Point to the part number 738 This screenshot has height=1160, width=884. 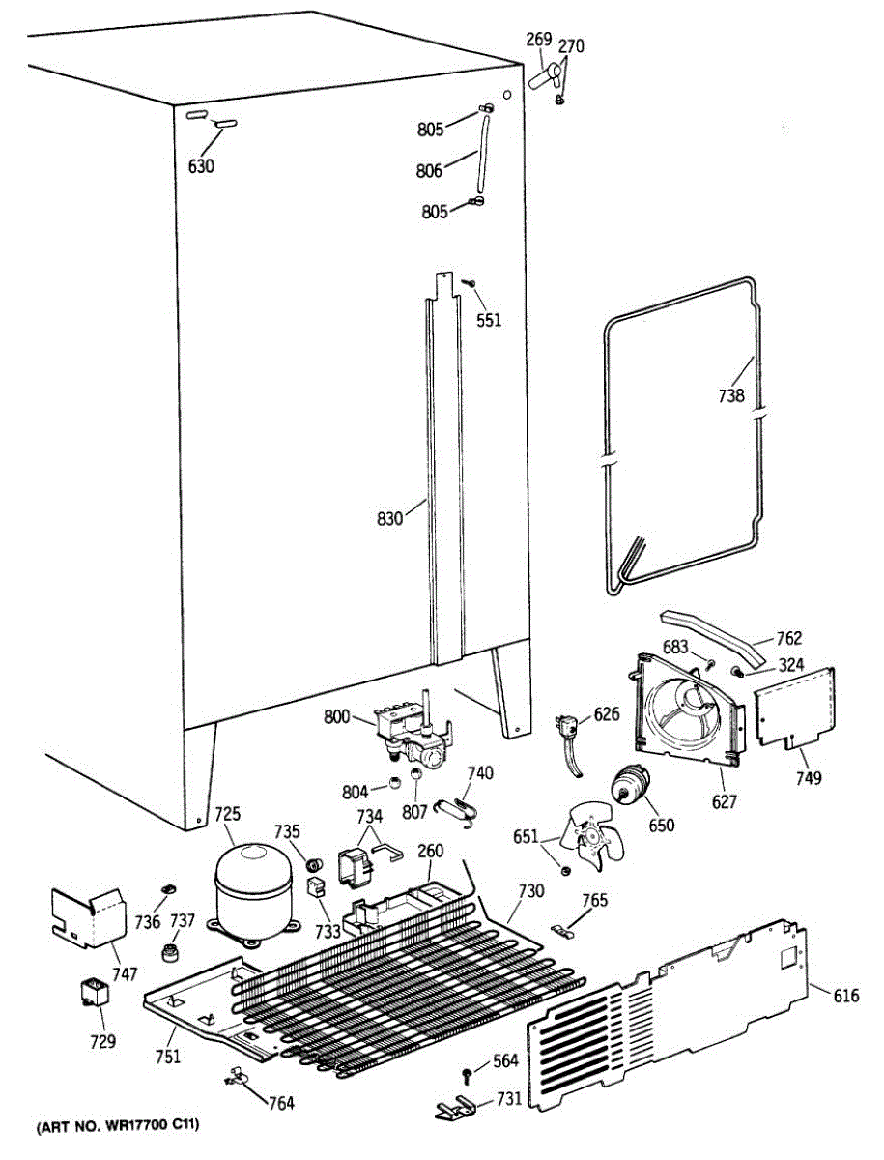tap(730, 394)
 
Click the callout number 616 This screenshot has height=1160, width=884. tap(845, 996)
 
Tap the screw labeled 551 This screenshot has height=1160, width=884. tap(468, 283)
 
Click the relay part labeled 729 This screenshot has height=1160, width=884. tap(96, 993)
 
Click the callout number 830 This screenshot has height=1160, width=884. tap(389, 519)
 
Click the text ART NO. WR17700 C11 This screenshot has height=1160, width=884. tap(120, 1127)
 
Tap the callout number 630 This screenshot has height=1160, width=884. tap(201, 166)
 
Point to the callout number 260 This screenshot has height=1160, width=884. tap(430, 852)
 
